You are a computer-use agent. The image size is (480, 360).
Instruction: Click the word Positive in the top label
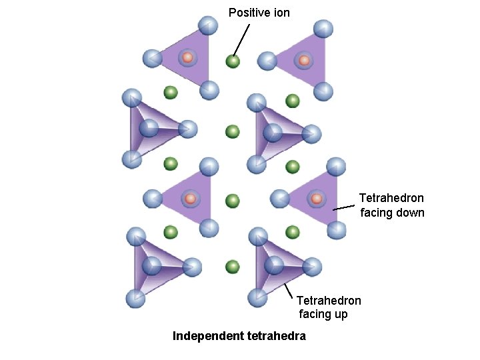(250, 13)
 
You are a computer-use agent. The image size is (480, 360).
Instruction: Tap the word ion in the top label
(282, 13)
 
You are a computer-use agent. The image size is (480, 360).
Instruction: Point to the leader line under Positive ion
(241, 40)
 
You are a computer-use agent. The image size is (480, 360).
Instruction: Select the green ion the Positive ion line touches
(232, 61)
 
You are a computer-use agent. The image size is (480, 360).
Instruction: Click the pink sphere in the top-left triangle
(187, 57)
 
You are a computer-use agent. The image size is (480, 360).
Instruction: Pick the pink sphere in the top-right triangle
(304, 61)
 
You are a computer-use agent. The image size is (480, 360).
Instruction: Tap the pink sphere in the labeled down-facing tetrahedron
(316, 198)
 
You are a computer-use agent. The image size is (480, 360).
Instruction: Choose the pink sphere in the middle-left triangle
(190, 199)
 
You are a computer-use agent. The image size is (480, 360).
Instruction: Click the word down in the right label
(410, 213)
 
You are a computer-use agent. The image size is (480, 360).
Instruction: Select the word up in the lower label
(340, 314)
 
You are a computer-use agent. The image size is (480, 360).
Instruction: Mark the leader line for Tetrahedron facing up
(289, 291)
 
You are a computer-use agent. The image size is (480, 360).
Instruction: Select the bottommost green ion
(232, 267)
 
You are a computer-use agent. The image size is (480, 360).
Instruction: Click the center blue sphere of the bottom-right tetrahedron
(274, 265)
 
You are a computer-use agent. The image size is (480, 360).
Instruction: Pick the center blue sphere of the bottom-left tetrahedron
(152, 265)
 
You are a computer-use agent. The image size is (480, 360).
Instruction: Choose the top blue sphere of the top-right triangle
(323, 29)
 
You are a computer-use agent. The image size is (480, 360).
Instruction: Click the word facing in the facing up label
(315, 314)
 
